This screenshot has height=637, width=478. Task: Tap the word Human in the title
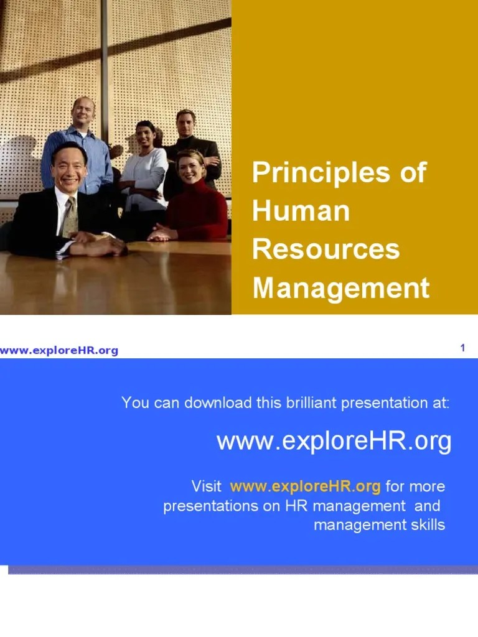pyautogui.click(x=301, y=212)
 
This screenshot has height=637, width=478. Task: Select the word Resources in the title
pyautogui.click(x=326, y=249)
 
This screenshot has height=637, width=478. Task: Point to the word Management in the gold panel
pyautogui.click(x=340, y=288)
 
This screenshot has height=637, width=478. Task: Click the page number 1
pyautogui.click(x=462, y=348)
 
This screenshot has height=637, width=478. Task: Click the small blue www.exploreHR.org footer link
pyautogui.click(x=59, y=351)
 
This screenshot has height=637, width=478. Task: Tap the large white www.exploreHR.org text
pyautogui.click(x=334, y=442)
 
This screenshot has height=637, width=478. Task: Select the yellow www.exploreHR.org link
pyautogui.click(x=305, y=486)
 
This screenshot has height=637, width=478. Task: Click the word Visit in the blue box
pyautogui.click(x=206, y=486)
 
